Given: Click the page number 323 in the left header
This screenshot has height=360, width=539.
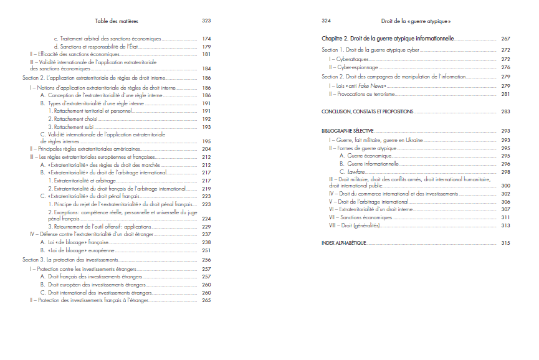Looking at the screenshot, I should pos(206,21).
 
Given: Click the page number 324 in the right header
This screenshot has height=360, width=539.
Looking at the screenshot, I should pos(326,21).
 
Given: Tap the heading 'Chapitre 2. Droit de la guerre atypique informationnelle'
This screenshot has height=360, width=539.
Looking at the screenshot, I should pos(388,39).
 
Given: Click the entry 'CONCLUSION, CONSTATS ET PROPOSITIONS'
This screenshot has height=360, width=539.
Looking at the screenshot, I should pos(367,111).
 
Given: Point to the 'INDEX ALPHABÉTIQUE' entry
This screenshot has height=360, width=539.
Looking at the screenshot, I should pos(344,242).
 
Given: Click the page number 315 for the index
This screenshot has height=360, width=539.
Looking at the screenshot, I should pos(505,242).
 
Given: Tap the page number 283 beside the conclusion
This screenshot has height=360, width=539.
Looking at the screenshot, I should pos(505,111).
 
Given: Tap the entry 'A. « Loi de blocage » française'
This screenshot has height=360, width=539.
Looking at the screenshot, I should pos(74,242).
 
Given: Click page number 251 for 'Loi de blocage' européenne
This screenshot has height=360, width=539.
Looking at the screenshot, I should pos(206,250).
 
